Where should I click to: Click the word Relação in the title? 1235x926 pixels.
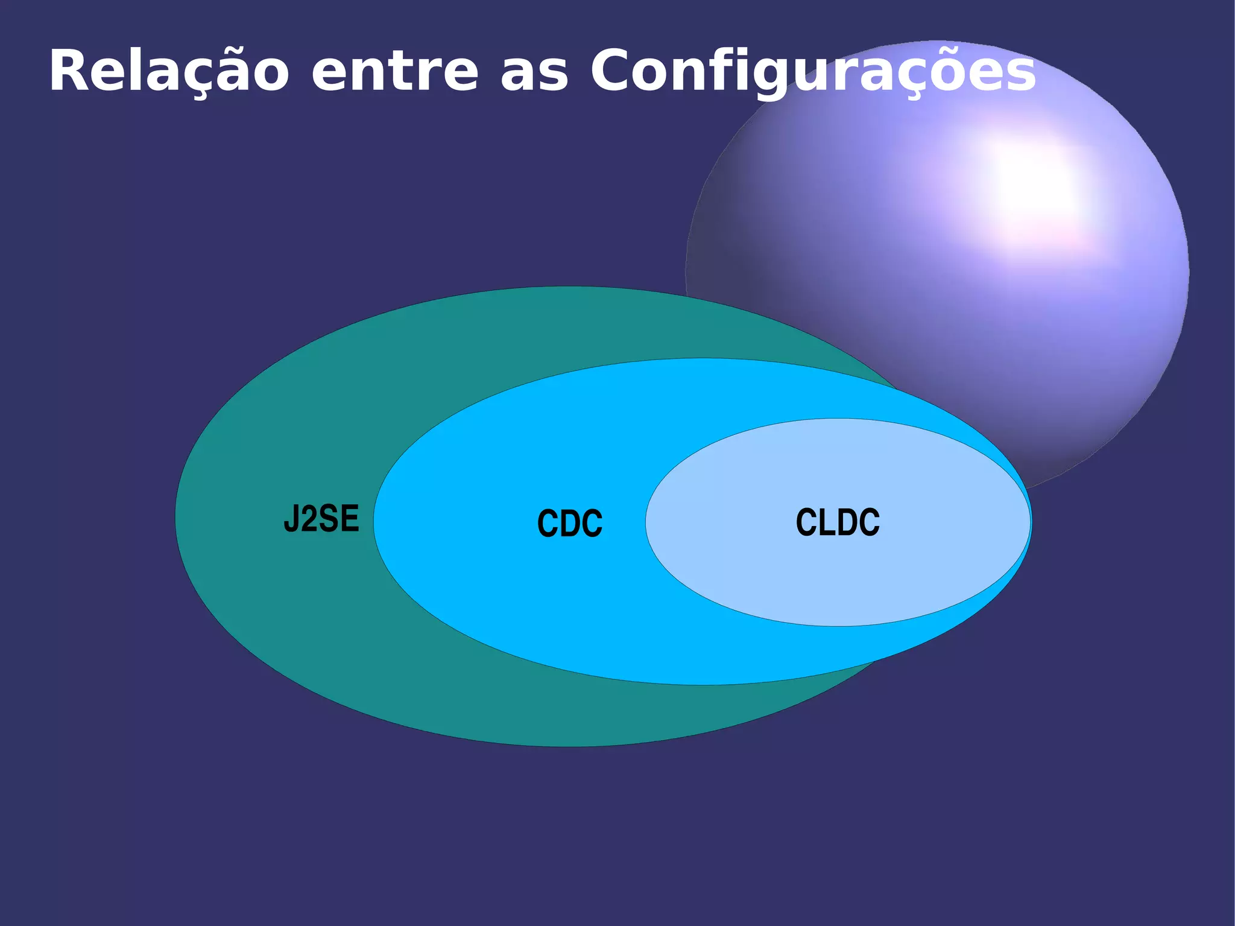click(169, 72)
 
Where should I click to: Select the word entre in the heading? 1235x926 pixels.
click(395, 72)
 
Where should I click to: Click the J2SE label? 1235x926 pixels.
click(321, 518)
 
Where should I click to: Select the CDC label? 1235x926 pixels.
click(570, 523)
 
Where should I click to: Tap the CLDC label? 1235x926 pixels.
click(838, 522)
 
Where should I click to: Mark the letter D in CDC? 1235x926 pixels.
click(570, 523)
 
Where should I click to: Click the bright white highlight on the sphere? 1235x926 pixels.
click(1025, 181)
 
